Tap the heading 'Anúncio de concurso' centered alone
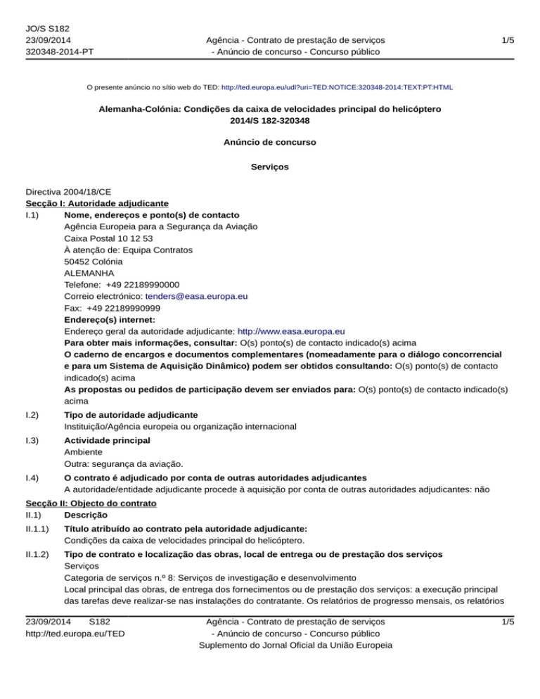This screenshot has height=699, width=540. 270,142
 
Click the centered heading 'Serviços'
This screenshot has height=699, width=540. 270,167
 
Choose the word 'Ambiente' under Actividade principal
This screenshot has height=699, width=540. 83,453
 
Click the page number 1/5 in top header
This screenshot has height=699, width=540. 507,40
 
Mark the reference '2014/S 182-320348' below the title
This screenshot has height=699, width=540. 270,122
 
